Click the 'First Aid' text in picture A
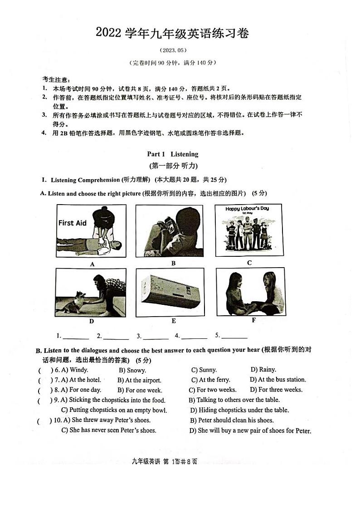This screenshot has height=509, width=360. (x=73, y=223)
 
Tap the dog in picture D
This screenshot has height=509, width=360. (x=73, y=302)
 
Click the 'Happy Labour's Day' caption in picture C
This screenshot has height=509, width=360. (x=247, y=209)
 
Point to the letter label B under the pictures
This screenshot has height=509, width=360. (x=173, y=263)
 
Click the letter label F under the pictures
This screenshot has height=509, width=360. (x=253, y=320)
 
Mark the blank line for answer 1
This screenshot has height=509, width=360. (x=76, y=338)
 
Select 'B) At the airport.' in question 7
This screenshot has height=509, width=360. (x=139, y=380)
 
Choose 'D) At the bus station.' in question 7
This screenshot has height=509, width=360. (x=277, y=380)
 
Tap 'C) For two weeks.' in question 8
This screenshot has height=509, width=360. (x=212, y=390)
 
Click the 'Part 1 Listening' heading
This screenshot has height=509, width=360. (x=173, y=154)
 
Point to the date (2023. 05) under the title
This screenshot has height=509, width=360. (x=173, y=50)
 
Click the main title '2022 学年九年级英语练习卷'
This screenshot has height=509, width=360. (x=172, y=33)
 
